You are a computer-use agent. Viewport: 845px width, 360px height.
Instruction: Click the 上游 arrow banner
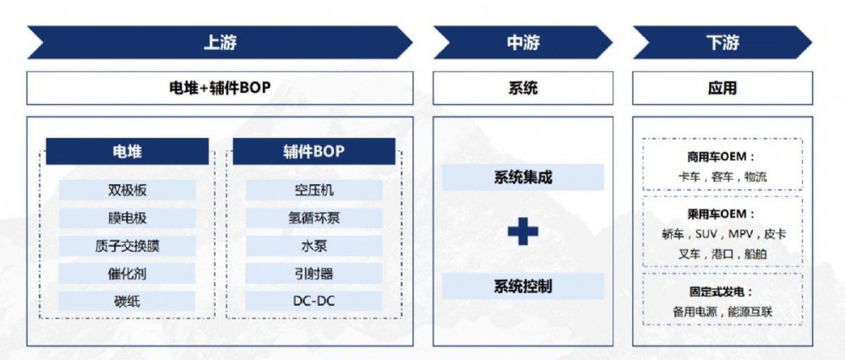(220, 42)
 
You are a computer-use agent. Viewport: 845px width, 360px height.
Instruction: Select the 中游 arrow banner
(523, 42)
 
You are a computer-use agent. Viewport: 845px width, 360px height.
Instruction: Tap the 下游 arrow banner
(722, 42)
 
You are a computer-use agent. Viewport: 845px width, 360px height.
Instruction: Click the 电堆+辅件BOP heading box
(220, 88)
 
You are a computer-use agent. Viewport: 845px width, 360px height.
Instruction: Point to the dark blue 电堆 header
(128, 151)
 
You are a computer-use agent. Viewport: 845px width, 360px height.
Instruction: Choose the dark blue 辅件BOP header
(313, 151)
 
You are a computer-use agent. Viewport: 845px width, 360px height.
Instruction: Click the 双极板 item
(128, 190)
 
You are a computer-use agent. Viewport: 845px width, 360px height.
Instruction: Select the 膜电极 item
(128, 218)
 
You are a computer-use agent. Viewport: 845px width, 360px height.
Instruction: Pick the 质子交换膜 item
(128, 246)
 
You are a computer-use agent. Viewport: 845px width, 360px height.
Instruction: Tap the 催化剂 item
(128, 274)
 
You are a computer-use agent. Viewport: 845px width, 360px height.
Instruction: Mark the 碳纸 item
(128, 301)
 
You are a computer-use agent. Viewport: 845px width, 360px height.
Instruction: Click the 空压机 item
(314, 190)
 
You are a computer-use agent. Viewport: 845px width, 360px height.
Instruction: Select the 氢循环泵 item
(314, 218)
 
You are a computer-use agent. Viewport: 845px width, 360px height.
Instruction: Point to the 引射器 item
(314, 274)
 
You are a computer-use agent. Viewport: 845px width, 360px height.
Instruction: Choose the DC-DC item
(314, 301)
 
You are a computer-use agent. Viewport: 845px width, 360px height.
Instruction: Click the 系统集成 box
(523, 177)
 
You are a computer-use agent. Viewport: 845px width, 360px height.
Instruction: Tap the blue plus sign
(523, 231)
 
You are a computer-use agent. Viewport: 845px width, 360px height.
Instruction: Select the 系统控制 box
(523, 286)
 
